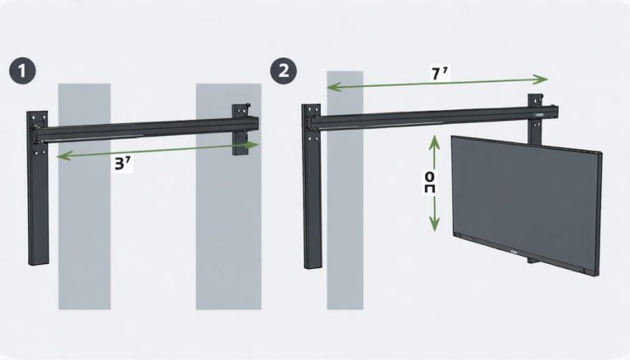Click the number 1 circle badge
[x=24, y=71]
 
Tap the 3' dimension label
[x=124, y=162]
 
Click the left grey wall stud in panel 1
[x=84, y=230]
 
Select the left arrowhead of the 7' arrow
[x=331, y=85]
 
